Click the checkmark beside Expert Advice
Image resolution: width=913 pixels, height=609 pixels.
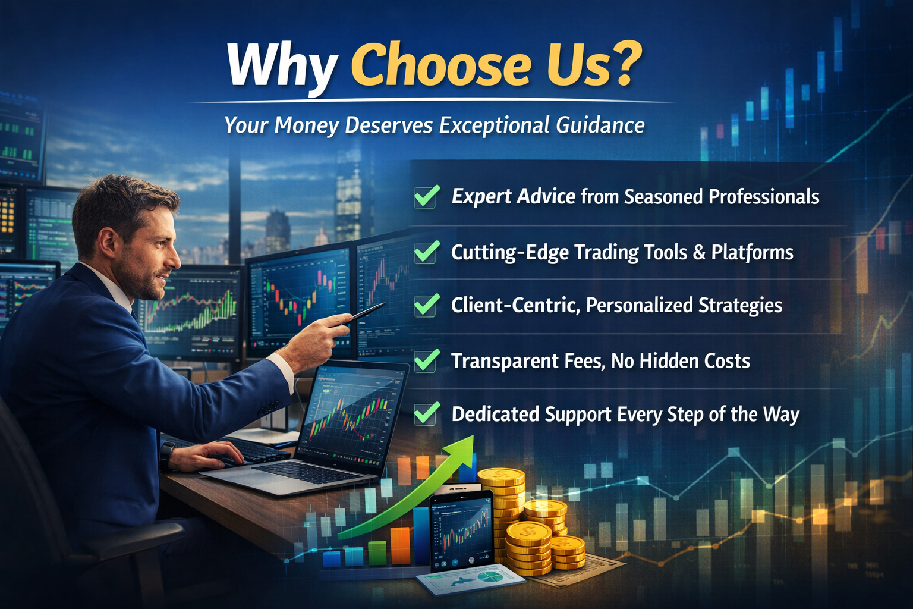click(427, 197)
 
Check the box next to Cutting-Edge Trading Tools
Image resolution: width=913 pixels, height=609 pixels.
click(427, 252)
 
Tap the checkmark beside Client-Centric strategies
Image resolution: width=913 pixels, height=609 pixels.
click(427, 305)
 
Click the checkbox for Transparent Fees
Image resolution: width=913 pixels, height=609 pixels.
click(427, 360)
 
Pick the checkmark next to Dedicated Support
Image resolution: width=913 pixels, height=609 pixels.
click(427, 413)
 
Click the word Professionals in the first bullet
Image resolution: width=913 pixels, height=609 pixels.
click(764, 197)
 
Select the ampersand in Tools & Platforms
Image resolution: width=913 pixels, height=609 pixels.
click(698, 252)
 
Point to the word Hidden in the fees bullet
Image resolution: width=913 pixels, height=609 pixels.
click(663, 361)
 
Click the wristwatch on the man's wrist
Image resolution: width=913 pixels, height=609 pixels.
click(166, 456)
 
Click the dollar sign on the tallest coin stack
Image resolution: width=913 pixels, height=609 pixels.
click(500, 475)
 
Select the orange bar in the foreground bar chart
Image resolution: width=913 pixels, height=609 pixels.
click(400, 546)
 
